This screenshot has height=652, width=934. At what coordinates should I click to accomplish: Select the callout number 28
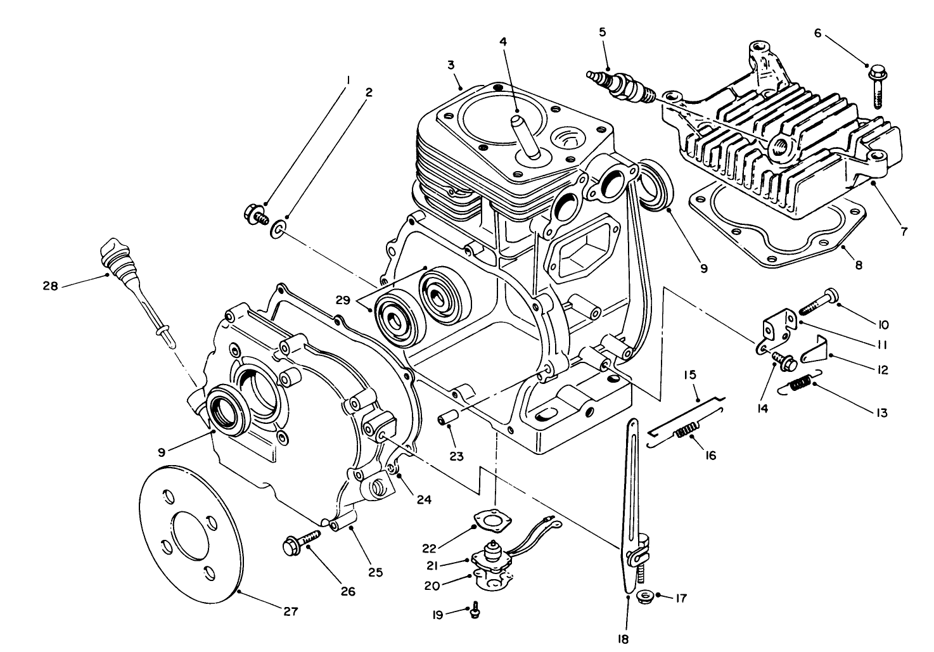click(51, 286)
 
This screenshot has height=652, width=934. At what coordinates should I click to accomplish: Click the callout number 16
click(710, 455)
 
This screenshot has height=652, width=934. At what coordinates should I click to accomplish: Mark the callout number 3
click(451, 65)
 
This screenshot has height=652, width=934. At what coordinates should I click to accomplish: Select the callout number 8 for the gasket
click(859, 265)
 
